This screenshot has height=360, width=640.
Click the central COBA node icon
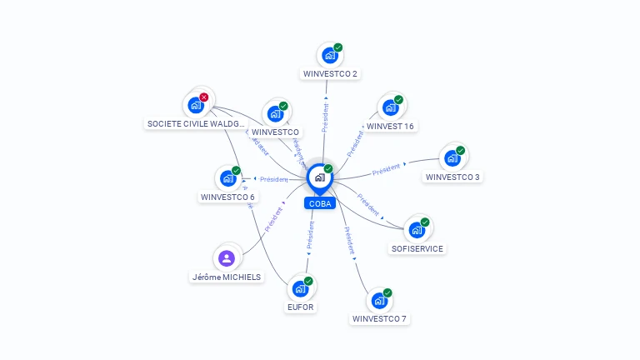(319, 177)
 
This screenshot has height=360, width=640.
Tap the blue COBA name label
(319, 203)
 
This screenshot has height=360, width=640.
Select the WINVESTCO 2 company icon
(330, 56)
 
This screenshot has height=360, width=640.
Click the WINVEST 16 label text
(390, 127)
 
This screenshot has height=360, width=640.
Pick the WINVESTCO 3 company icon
(452, 158)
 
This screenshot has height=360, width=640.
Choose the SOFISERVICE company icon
(417, 230)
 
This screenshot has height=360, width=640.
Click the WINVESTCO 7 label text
(380, 319)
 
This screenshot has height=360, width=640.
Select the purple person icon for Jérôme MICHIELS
(227, 257)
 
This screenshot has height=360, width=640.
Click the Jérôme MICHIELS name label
(227, 277)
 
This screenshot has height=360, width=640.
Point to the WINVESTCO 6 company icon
(227, 178)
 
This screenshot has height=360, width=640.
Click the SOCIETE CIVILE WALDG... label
(197, 124)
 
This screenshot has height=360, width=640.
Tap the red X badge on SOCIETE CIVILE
(204, 97)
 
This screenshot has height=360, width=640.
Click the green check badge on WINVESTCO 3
(461, 151)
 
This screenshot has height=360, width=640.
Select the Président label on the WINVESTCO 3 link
(387, 171)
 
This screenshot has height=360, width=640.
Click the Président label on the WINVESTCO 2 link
(325, 118)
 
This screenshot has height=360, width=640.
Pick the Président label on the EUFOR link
(310, 236)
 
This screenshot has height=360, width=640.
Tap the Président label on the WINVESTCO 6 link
(273, 179)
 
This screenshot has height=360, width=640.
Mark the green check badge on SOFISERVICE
(425, 222)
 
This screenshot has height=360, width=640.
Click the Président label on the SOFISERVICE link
(367, 203)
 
